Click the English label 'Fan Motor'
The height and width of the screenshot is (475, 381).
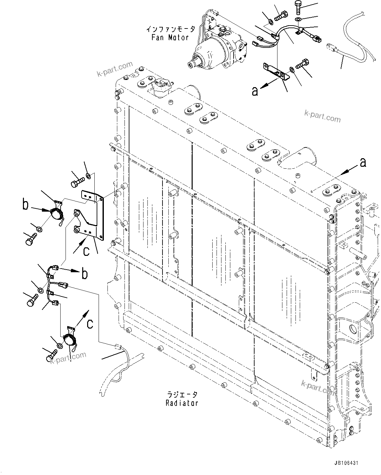point(170,37)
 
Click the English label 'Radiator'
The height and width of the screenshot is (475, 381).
point(182,403)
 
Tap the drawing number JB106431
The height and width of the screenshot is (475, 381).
point(347,463)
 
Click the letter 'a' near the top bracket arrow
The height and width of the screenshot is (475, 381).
point(255,91)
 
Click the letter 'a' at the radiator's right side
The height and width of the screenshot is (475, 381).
point(363,162)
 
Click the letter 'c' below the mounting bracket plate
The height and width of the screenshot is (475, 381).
point(86,251)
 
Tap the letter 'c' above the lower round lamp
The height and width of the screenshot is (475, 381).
point(90,323)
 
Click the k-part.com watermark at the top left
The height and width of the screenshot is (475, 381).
point(115,69)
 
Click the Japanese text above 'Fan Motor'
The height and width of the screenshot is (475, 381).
point(170,29)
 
